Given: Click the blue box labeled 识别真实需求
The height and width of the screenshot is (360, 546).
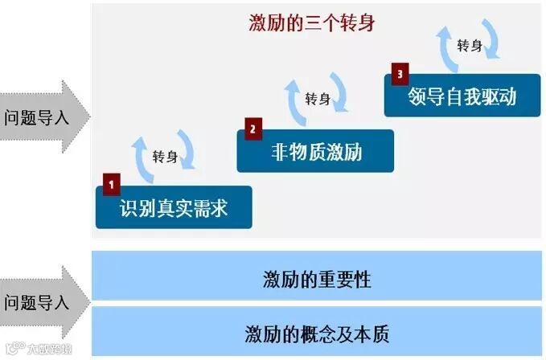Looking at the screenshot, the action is click(174, 208).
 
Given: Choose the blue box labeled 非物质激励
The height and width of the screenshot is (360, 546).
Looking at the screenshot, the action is click(315, 151).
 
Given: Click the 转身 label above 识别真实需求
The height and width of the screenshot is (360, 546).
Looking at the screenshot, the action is click(165, 157).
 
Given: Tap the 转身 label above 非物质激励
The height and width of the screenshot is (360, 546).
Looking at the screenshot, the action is click(318, 99).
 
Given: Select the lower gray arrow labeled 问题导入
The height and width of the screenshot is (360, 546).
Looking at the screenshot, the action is click(40, 303).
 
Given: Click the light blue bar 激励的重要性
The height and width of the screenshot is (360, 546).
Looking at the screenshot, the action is click(317, 280).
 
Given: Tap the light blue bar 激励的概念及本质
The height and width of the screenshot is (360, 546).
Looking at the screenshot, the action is click(317, 332).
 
